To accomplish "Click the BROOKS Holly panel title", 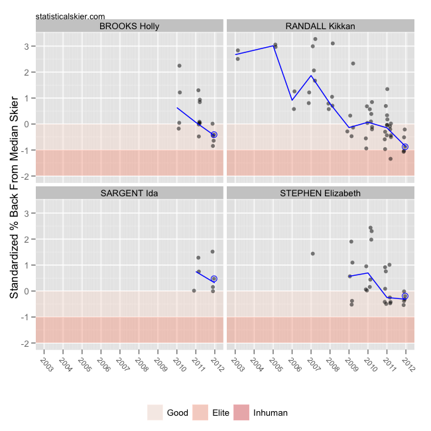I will [129, 26].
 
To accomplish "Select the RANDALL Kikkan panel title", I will [320, 26].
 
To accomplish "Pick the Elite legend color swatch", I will [203, 412].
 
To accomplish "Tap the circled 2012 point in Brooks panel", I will [214, 135].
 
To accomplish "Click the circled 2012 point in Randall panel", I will [405, 147].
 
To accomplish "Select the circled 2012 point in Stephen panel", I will [405, 296].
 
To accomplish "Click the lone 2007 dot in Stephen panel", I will [312, 253].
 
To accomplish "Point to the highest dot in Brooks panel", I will [180, 66].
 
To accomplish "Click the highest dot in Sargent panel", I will [212, 251].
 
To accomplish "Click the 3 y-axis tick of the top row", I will [27, 46].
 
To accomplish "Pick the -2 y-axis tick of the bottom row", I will [26, 343].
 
